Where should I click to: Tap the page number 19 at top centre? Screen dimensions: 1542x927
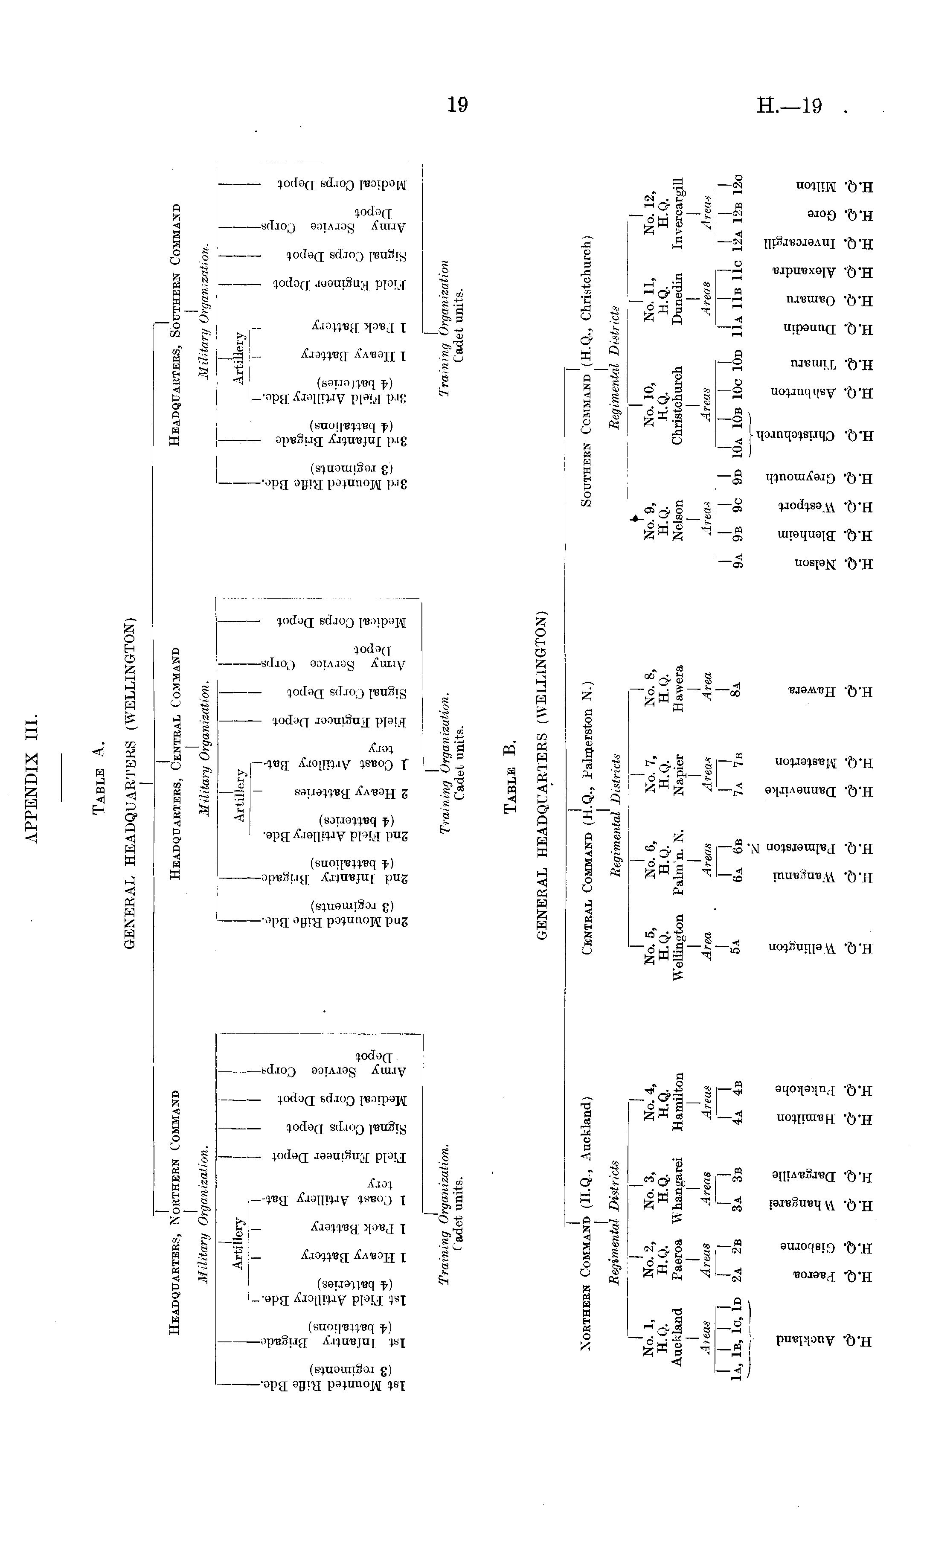point(457,105)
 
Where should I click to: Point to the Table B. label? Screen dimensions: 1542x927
point(510,776)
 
